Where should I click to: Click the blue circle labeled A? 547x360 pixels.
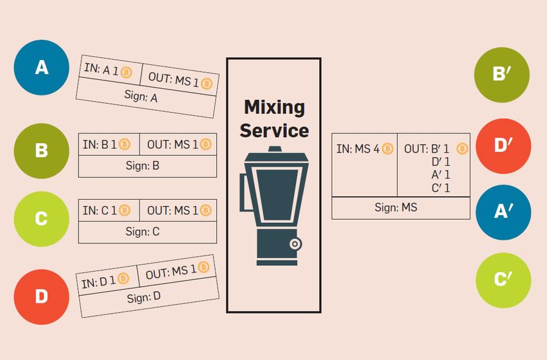tap(41, 68)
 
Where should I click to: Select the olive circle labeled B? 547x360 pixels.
tap(41, 151)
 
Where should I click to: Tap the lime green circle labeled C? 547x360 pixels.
tap(41, 219)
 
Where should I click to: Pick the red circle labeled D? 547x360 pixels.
tap(41, 297)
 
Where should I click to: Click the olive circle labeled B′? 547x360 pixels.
tap(503, 74)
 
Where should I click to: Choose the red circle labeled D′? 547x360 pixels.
tap(503, 146)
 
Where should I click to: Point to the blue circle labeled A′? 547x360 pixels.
tap(503, 213)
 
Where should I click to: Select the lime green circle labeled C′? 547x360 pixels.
tap(503, 280)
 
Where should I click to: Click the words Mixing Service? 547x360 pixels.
tap(274, 119)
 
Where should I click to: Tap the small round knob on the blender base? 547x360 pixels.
tap(295, 243)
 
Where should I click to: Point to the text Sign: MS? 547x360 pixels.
tap(400, 208)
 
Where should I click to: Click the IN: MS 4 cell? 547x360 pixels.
tap(364, 149)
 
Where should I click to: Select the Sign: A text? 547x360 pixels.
tap(144, 98)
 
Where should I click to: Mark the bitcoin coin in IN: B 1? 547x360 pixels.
tap(125, 144)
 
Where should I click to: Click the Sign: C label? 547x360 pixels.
tap(147, 232)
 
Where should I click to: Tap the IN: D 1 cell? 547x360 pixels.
tap(106, 281)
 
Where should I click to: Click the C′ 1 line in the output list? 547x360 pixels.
tap(441, 188)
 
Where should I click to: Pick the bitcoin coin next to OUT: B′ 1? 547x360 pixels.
tap(461, 149)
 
